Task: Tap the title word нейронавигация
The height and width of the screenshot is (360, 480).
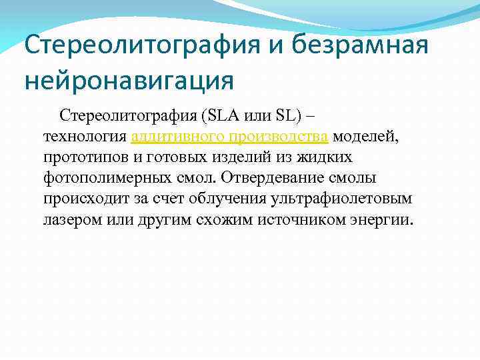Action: [x=129, y=80]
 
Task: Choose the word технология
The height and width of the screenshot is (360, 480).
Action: [x=86, y=137]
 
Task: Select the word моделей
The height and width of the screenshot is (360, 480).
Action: [x=365, y=137]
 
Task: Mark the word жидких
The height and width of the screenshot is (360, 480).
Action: [x=327, y=157]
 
